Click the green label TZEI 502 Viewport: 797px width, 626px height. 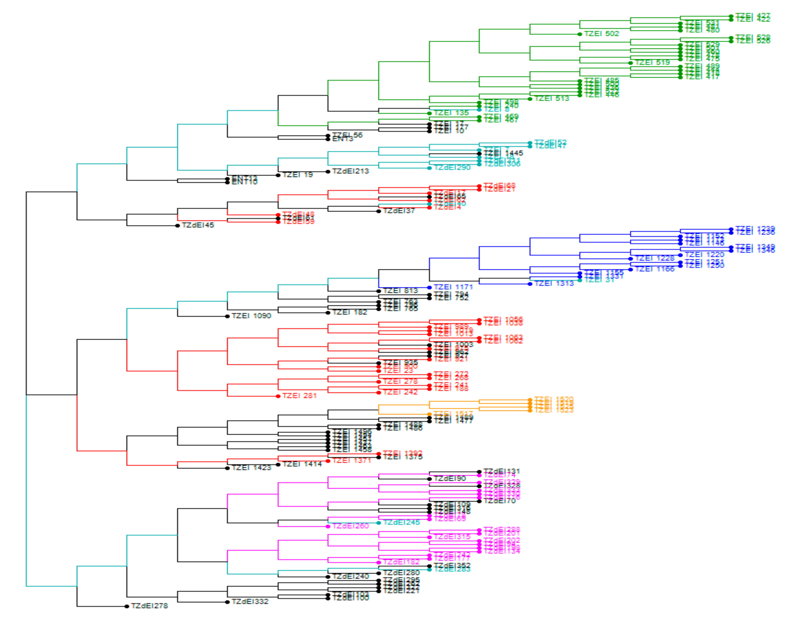pyautogui.click(x=601, y=34)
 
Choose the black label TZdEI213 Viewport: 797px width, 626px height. pyautogui.click(x=350, y=171)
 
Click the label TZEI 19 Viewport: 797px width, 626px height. pyautogui.click(x=297, y=175)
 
